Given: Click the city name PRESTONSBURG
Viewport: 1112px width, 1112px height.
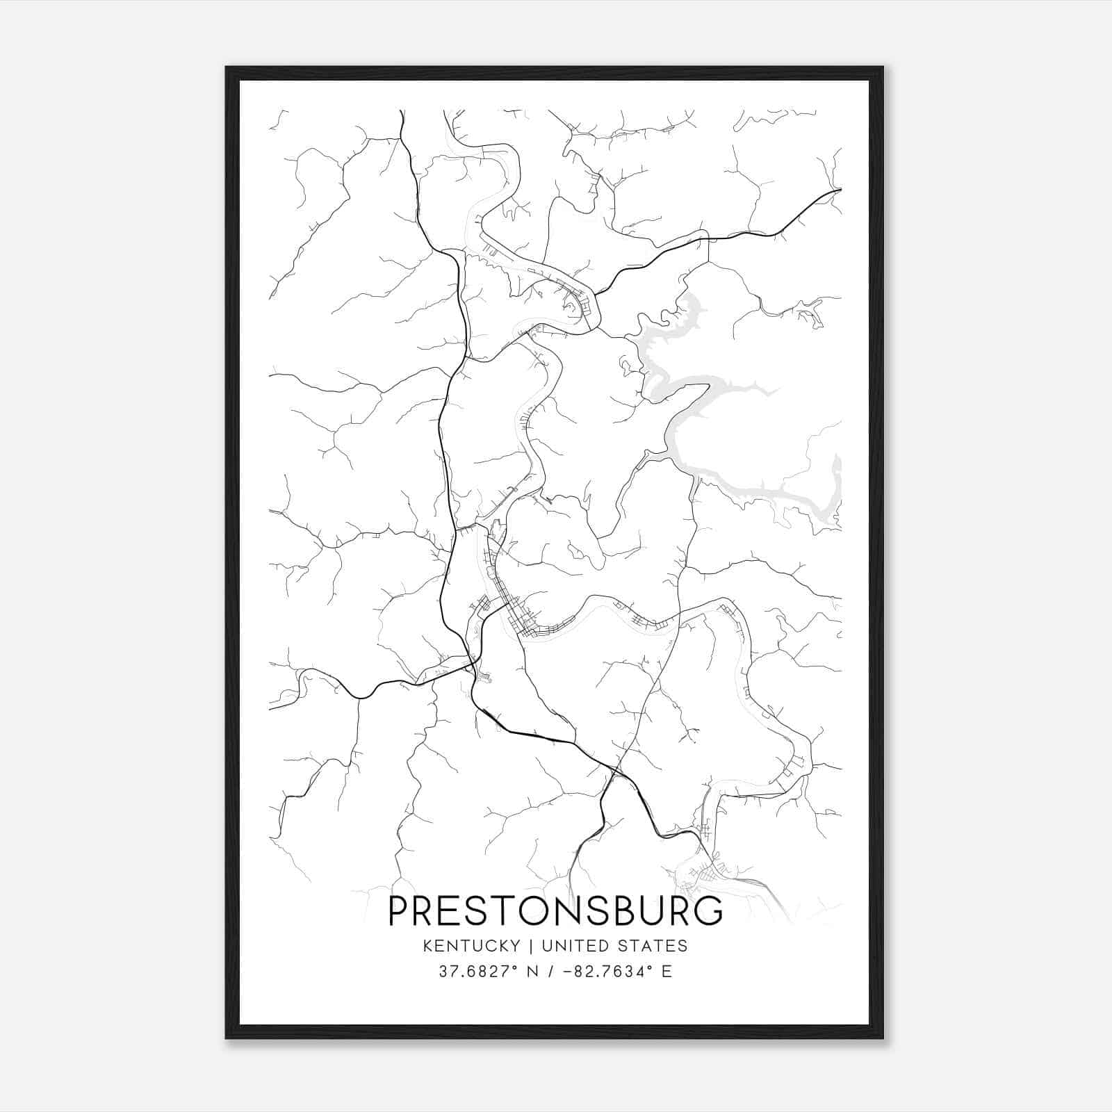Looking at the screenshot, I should point(555,910).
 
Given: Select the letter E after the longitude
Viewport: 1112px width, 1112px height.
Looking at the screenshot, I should point(667,972).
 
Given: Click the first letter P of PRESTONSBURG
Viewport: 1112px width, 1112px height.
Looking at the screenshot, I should point(398,910).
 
